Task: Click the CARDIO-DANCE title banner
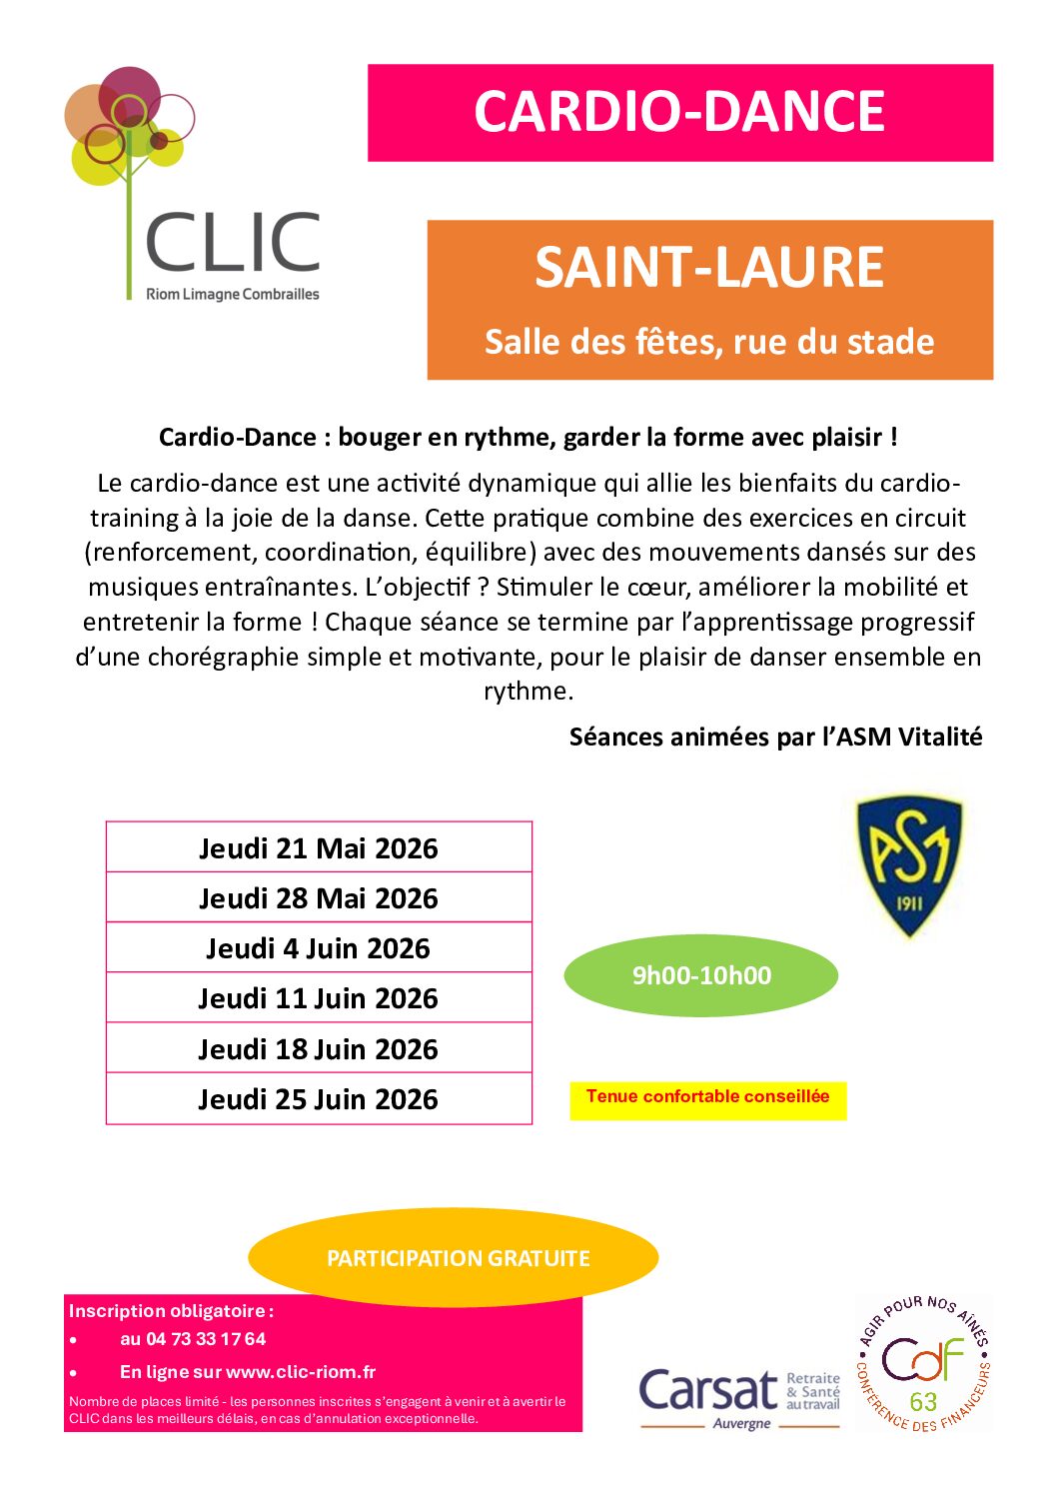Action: pyautogui.click(x=679, y=112)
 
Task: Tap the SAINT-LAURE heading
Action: pyautogui.click(x=709, y=267)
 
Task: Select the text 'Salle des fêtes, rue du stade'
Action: pyautogui.click(x=709, y=342)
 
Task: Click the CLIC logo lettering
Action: pyautogui.click(x=233, y=243)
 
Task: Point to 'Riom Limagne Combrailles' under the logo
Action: pyautogui.click(x=233, y=294)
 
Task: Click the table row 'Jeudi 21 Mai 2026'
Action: pyautogui.click(x=319, y=848)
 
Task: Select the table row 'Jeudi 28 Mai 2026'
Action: pyautogui.click(x=319, y=898)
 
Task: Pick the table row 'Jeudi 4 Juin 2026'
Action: pyautogui.click(x=319, y=948)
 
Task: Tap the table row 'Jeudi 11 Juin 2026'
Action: pyautogui.click(x=319, y=998)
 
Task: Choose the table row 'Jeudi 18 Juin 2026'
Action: pyautogui.click(x=319, y=1049)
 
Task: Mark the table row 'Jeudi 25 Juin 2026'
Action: pyautogui.click(x=319, y=1099)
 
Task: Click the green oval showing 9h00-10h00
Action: pyautogui.click(x=701, y=975)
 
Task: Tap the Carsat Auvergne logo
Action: pyautogui.click(x=739, y=1394)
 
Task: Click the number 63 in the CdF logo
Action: pyautogui.click(x=923, y=1401)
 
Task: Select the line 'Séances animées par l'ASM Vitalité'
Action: pyautogui.click(x=775, y=738)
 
